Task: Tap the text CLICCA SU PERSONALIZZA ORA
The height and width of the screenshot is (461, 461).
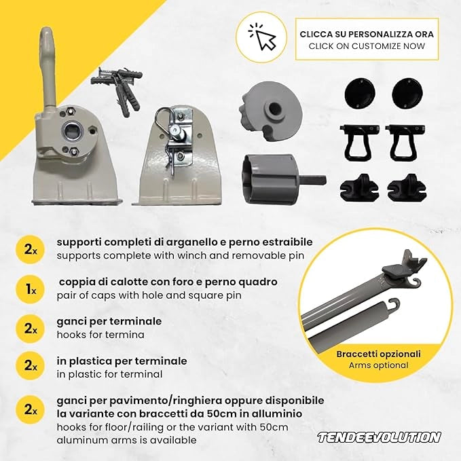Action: click(x=367, y=34)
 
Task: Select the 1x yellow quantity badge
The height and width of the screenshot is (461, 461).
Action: click(x=30, y=289)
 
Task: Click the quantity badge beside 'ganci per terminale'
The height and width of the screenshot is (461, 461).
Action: click(x=30, y=329)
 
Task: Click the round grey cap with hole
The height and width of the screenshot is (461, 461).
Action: click(x=270, y=109)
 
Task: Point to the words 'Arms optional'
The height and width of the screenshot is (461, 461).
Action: click(x=379, y=365)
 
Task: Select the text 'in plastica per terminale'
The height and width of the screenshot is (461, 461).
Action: click(x=122, y=361)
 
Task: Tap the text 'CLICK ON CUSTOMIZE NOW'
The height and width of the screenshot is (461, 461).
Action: click(x=367, y=46)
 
